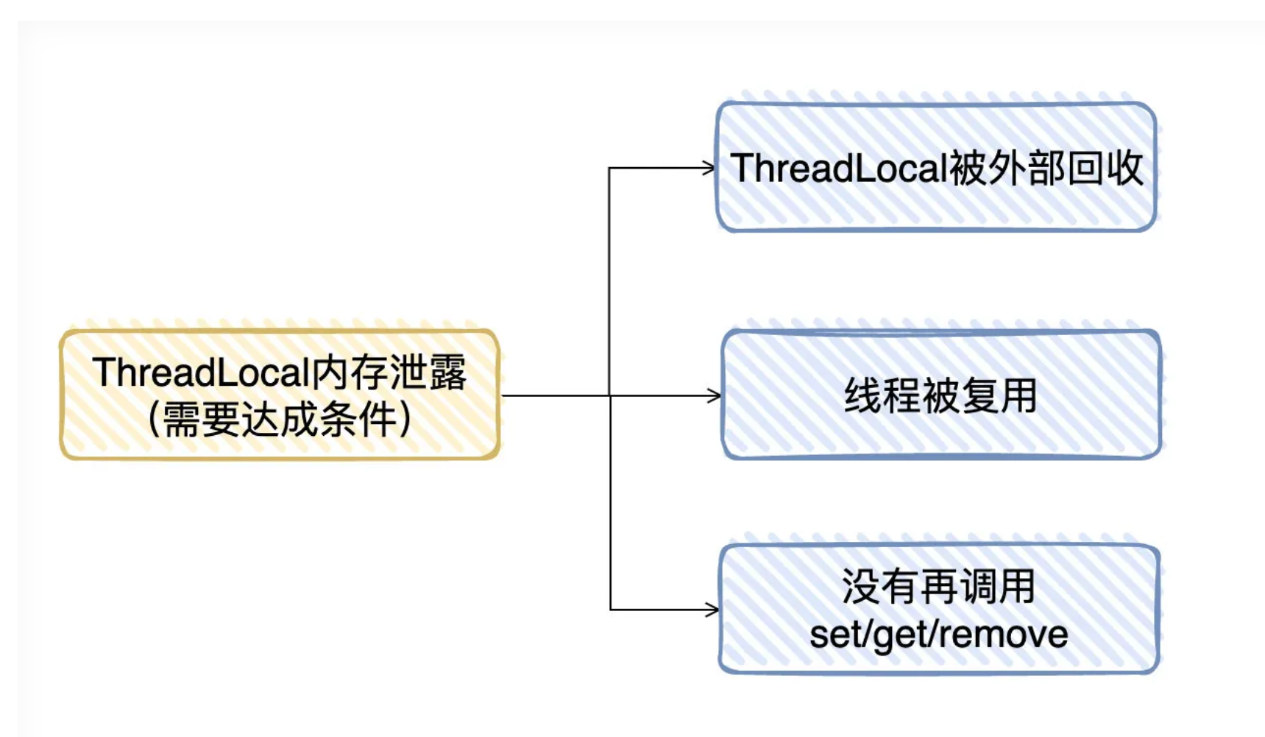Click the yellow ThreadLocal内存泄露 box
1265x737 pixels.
[x=280, y=394]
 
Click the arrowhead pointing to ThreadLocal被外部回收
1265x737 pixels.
[x=709, y=168]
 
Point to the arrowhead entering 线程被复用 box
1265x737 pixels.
[x=714, y=396]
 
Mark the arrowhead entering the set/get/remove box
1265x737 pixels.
[x=712, y=610]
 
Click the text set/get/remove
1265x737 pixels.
[x=938, y=635]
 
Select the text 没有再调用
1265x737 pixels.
[x=938, y=587]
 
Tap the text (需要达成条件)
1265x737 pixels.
[x=280, y=420]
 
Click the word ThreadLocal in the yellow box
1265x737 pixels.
[x=198, y=372]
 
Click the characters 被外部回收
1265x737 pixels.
[x=1046, y=168]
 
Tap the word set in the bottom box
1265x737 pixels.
[x=831, y=635]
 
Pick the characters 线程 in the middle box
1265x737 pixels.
[x=882, y=396]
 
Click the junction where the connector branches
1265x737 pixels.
[x=610, y=396]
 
